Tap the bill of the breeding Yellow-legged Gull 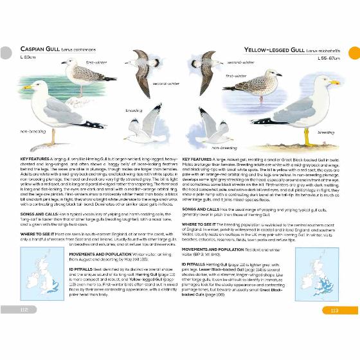[335, 83]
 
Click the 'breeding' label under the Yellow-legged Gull [326, 132]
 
